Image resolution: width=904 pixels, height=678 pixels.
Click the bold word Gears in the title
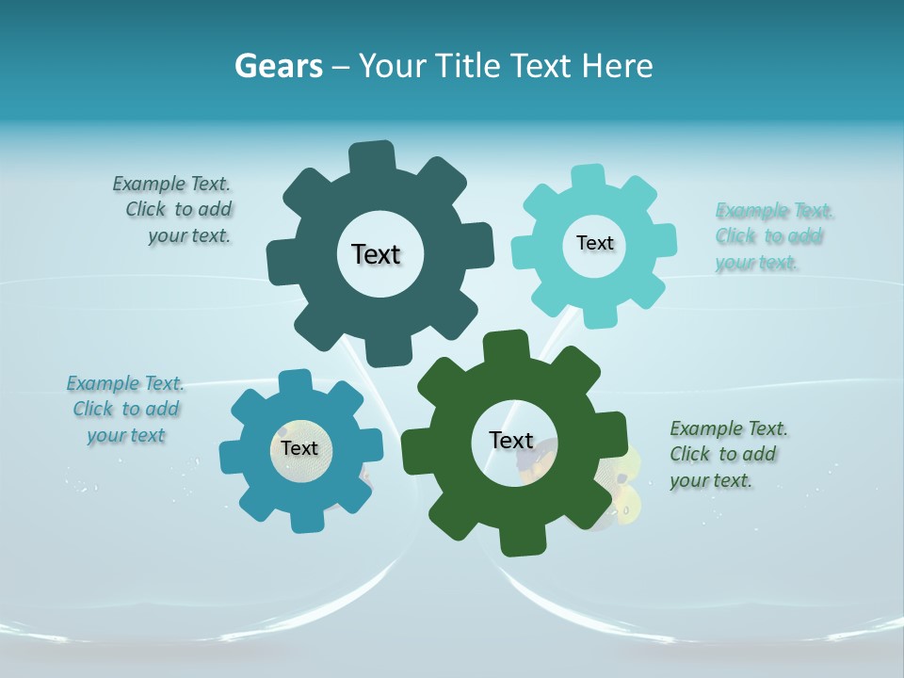pyautogui.click(x=278, y=66)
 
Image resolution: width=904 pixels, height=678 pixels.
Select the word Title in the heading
pyautogui.click(x=469, y=66)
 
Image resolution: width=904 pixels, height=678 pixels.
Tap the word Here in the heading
pyautogui.click(x=617, y=66)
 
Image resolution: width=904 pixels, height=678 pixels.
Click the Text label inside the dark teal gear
pyautogui.click(x=376, y=254)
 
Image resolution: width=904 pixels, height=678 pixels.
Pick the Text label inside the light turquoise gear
pyautogui.click(x=594, y=243)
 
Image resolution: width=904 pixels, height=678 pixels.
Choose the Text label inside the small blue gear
pyautogui.click(x=299, y=448)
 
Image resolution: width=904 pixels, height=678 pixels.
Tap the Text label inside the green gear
pyautogui.click(x=511, y=440)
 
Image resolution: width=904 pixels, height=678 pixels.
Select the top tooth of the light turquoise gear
pyautogui.click(x=589, y=178)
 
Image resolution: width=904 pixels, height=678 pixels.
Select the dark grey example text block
pyautogui.click(x=175, y=210)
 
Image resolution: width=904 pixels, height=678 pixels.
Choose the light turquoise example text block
pyautogui.click(x=772, y=236)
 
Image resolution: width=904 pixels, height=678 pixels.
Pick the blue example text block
pyautogui.click(x=125, y=410)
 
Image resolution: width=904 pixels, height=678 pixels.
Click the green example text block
pyautogui.click(x=727, y=454)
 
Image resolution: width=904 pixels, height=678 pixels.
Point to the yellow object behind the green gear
pyautogui.click(x=622, y=485)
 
